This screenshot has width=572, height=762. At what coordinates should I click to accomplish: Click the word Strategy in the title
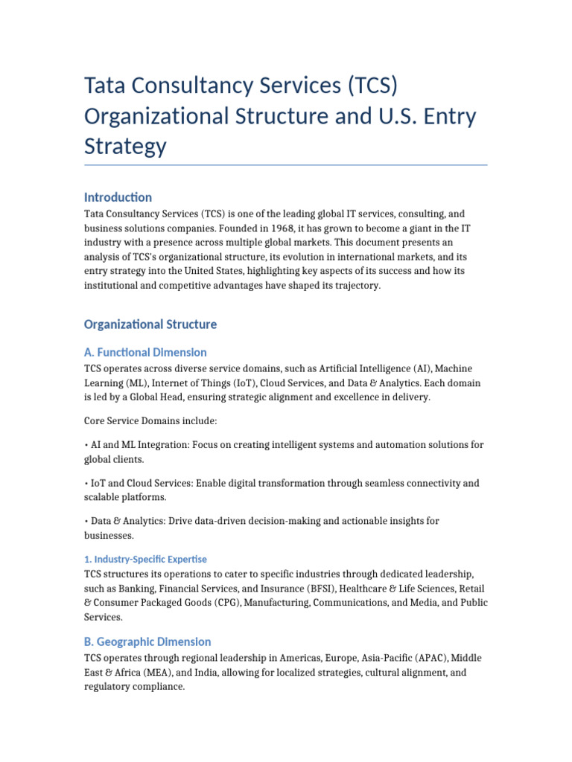pyautogui.click(x=125, y=146)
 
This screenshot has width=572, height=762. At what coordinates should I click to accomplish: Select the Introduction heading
pyautogui.click(x=118, y=197)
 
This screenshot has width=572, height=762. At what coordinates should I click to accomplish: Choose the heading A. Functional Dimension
pyautogui.click(x=145, y=352)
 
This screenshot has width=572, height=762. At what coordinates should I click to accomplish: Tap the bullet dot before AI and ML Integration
pyautogui.click(x=86, y=445)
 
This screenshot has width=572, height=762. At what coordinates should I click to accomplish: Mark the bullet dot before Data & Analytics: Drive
pyautogui.click(x=86, y=521)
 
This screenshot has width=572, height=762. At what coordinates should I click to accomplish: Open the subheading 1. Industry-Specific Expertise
pyautogui.click(x=145, y=559)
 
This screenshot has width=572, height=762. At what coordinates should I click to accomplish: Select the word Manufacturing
pyautogui.click(x=273, y=603)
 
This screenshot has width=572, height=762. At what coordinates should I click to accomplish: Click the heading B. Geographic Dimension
pyautogui.click(x=147, y=641)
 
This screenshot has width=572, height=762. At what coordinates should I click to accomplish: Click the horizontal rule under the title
pyautogui.click(x=286, y=165)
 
